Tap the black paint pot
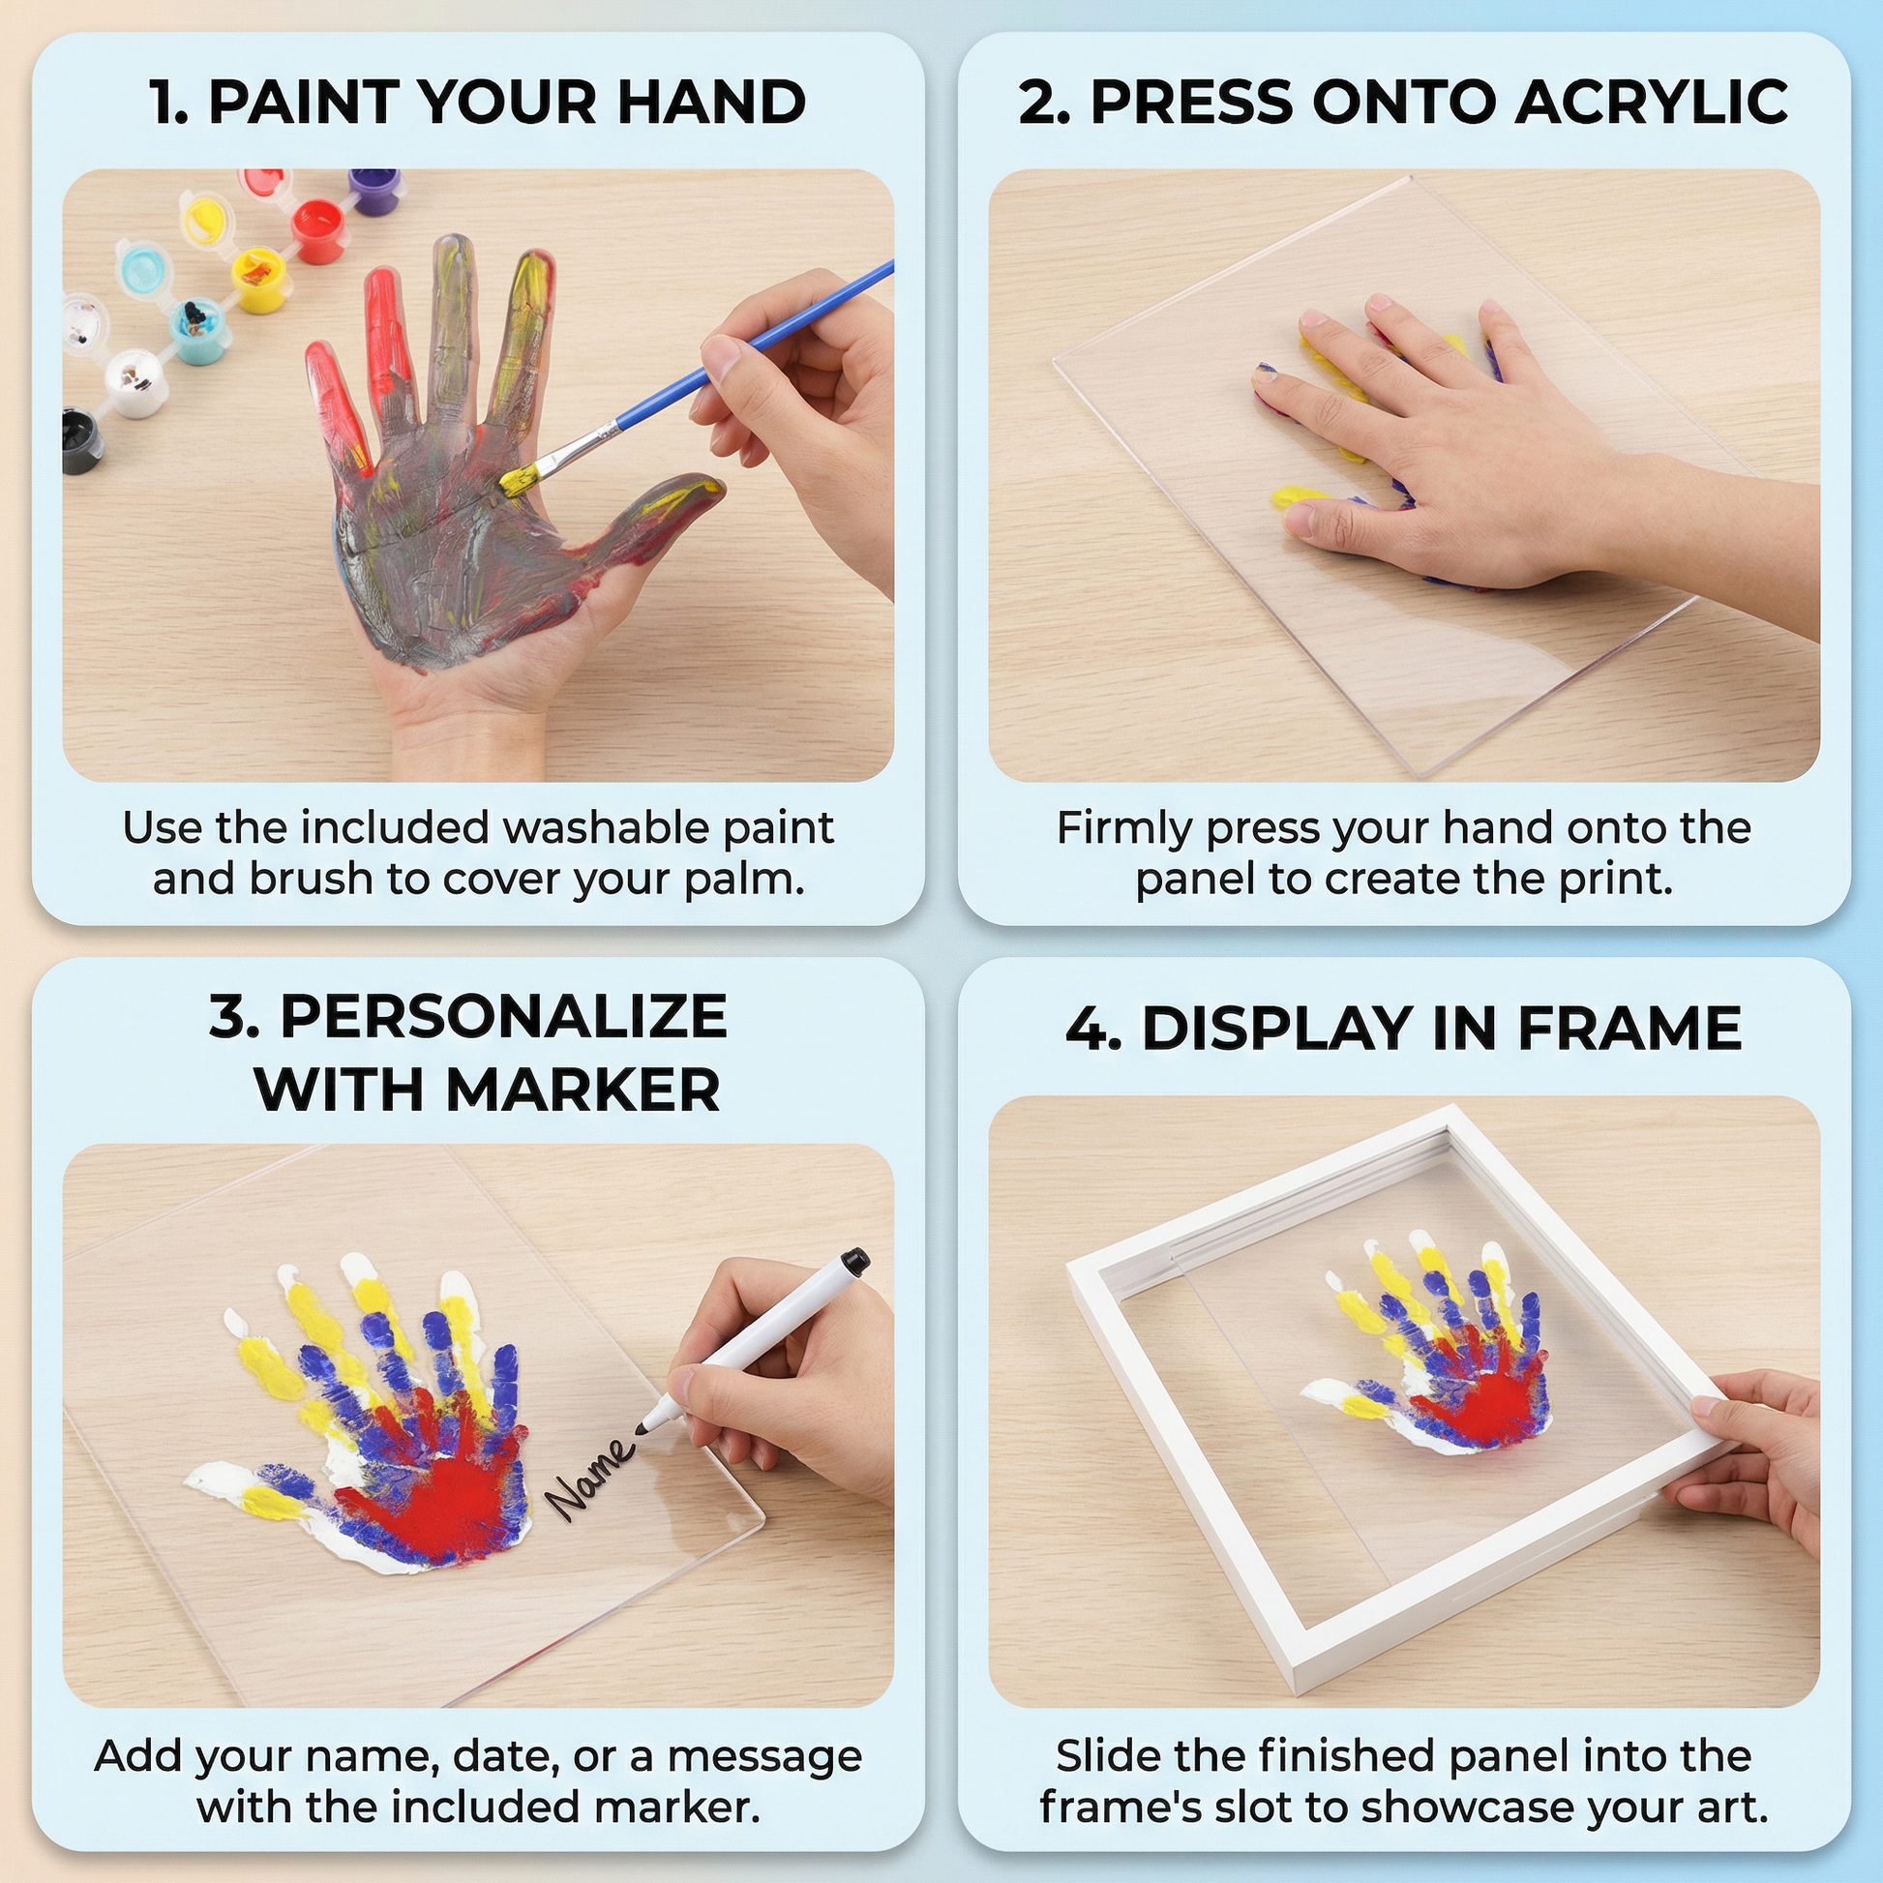[x=84, y=440]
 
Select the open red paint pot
[x=318, y=230]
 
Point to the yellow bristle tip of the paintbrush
[x=519, y=478]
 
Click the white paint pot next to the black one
[x=134, y=381]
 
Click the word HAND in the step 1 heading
[x=711, y=103]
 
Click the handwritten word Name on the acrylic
[x=589, y=1477]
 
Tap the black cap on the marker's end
[x=854, y=1261]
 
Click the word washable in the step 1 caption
[x=611, y=827]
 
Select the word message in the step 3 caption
[x=765, y=1756]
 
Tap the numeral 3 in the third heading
[x=231, y=1018]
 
